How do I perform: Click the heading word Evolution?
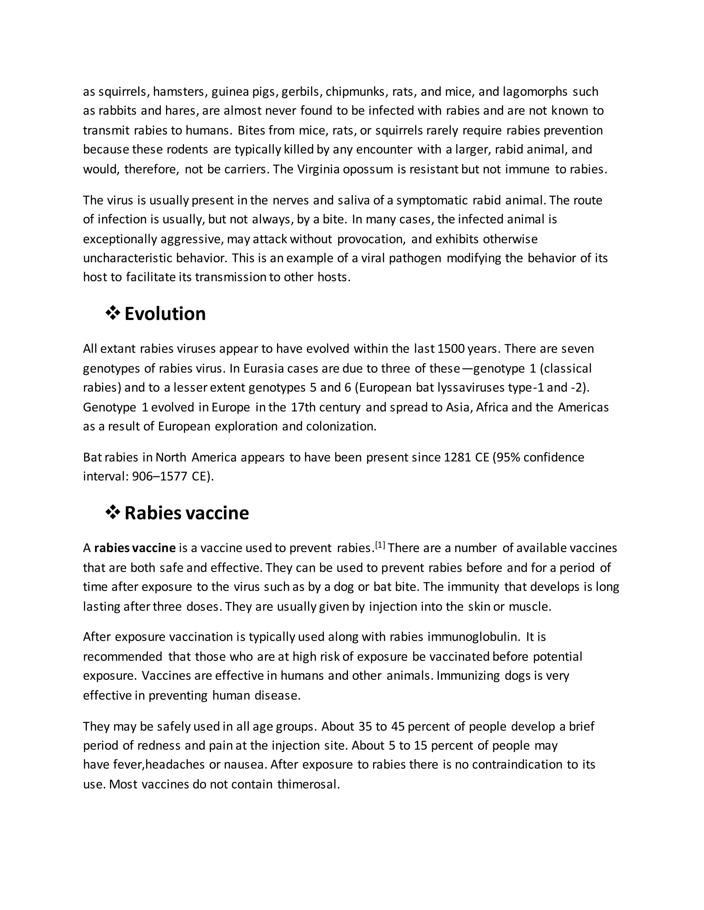tap(165, 314)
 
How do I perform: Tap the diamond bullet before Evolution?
tap(113, 313)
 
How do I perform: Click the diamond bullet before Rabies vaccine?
tap(113, 512)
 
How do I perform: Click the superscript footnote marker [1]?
tap(380, 545)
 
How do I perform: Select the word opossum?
tap(367, 170)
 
